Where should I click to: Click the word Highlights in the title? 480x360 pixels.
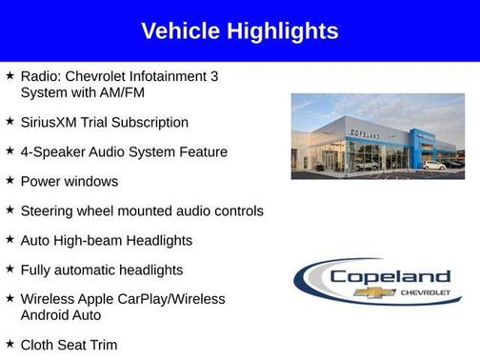tap(283, 31)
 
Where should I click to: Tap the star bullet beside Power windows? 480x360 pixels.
tap(10, 180)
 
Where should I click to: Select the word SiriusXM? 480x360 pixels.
tap(51, 122)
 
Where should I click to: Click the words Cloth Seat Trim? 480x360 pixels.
tap(69, 344)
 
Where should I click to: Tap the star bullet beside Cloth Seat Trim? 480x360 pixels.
tap(10, 343)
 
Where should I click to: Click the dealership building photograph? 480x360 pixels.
tap(377, 135)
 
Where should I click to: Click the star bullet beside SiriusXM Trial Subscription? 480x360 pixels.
tap(10, 121)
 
